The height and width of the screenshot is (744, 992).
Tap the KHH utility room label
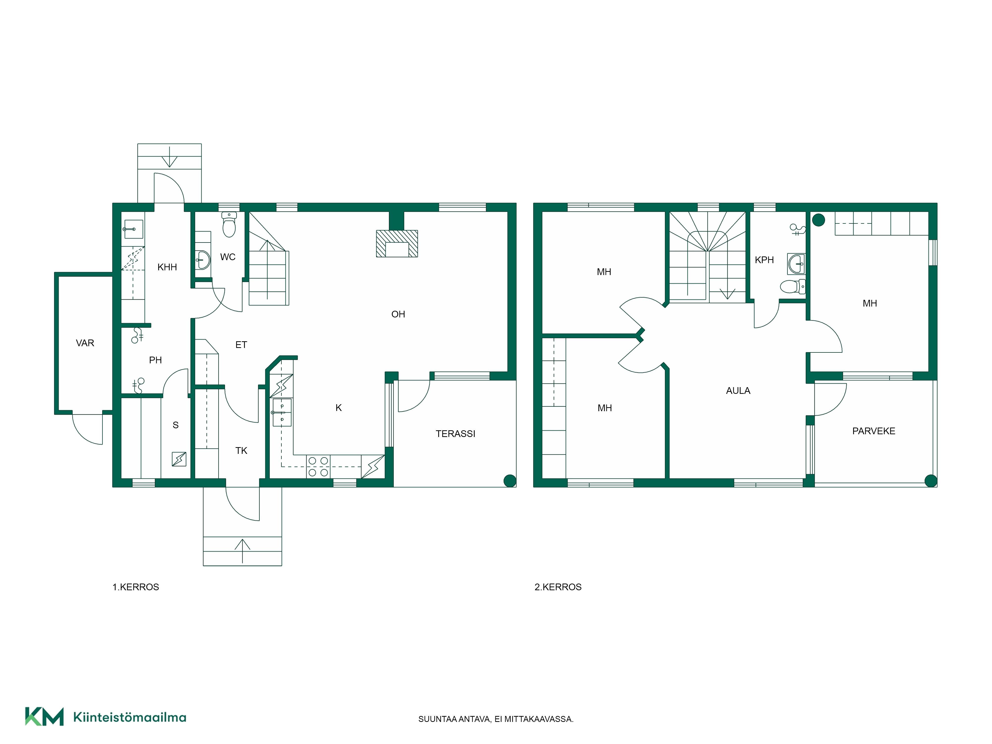coord(167,267)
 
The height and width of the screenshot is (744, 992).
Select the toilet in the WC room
coord(229,224)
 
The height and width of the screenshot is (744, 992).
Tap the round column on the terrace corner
coord(510,481)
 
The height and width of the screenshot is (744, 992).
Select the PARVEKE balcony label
coord(874,431)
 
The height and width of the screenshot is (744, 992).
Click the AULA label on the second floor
coord(738,391)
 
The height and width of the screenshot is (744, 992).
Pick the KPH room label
coord(764,260)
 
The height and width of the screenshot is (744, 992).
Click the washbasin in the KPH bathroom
coord(796,264)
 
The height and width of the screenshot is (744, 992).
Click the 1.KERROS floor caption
coord(135,587)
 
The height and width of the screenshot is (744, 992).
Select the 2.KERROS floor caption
coord(558,587)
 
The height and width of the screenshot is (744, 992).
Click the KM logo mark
coord(44,716)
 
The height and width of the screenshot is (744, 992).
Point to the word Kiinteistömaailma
coord(130,717)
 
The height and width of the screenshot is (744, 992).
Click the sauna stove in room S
coord(179,459)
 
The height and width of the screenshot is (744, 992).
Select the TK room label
coord(241,451)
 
